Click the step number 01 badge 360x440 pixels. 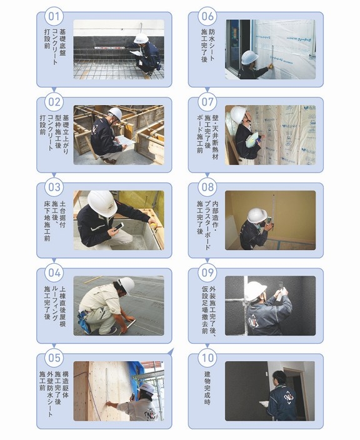point(54,16)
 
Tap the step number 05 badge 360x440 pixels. point(54,358)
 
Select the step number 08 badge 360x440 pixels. point(207,187)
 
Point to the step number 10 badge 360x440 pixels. point(207,358)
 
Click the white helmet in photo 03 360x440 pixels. point(102,203)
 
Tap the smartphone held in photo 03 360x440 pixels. point(119,227)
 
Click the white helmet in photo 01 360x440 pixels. point(141,39)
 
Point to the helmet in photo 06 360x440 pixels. point(250,57)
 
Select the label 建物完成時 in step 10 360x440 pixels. point(207,387)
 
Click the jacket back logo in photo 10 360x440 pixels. point(289,397)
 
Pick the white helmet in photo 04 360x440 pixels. point(126,286)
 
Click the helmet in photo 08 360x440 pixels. point(257,216)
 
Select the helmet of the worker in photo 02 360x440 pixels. point(116,113)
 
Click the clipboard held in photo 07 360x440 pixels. point(252,139)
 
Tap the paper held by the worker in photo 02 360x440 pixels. point(125,140)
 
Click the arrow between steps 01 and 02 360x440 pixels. point(54,90)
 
